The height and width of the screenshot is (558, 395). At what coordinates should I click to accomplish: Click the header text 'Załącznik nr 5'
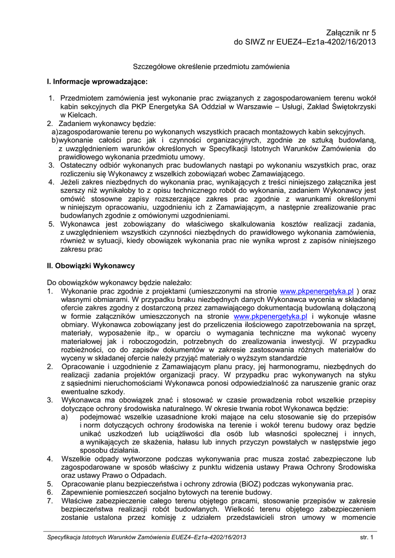click(x=347, y=33)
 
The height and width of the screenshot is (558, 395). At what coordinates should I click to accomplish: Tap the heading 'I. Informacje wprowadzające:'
click(x=98, y=81)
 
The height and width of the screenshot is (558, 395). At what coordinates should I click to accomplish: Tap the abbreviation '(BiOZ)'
click(x=238, y=484)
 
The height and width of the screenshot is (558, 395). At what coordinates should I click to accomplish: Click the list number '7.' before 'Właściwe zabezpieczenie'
click(x=50, y=501)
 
